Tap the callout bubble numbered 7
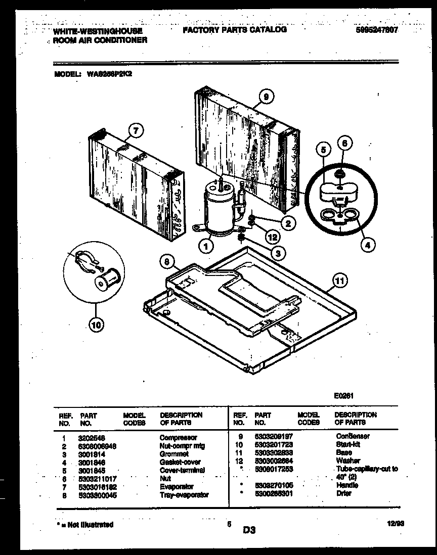click(x=134, y=130)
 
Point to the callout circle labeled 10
click(x=95, y=325)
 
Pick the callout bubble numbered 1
click(x=206, y=247)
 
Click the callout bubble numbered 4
click(x=368, y=246)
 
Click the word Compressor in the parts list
click(x=178, y=438)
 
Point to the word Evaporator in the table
click(x=177, y=486)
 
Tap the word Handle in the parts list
click(x=346, y=485)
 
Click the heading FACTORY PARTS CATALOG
click(x=234, y=30)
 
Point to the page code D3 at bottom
click(x=249, y=530)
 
